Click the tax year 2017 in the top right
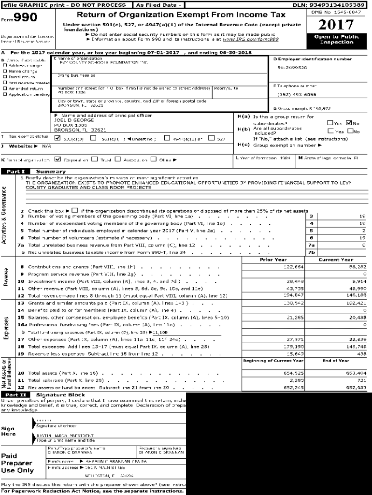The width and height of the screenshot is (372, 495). [336, 25]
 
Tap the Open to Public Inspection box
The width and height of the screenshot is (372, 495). [336, 40]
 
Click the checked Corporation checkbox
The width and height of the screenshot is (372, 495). [57, 159]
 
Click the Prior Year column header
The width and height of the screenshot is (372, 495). [273, 260]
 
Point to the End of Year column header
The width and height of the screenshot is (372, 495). [336, 361]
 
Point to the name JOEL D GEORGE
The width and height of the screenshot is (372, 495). [71, 120]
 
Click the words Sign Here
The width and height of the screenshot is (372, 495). [8, 431]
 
